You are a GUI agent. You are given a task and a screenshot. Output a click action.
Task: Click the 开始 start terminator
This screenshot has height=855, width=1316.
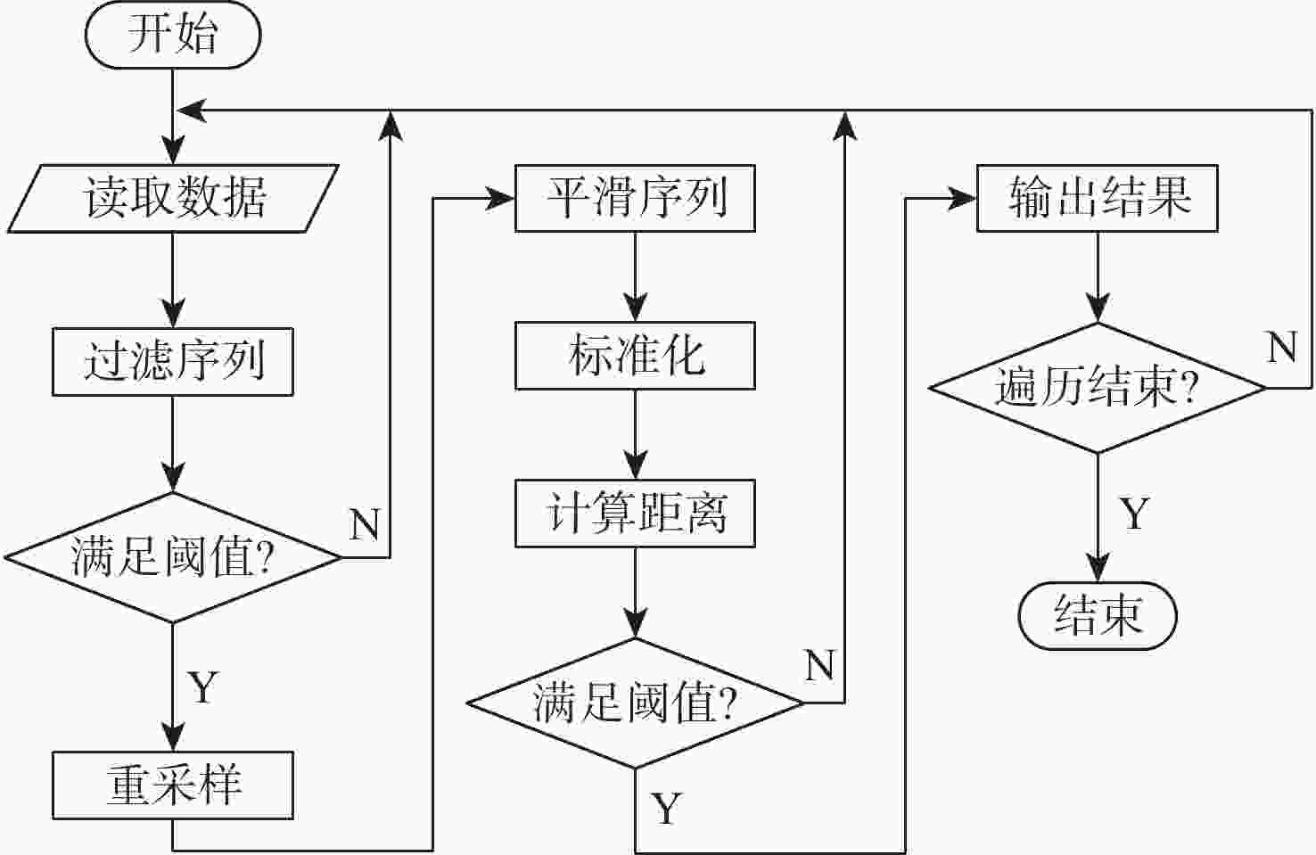[x=172, y=36]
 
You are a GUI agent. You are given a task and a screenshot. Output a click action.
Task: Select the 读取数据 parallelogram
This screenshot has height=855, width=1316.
[x=173, y=198]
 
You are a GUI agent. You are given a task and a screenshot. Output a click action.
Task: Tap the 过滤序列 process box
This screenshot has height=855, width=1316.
[x=173, y=362]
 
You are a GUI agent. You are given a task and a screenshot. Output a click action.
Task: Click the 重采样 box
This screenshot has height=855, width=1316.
[x=173, y=785]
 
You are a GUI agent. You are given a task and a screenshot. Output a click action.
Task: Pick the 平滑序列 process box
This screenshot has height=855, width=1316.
[x=635, y=198]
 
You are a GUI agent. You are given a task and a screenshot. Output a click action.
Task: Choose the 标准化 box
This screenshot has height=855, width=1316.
[x=635, y=356]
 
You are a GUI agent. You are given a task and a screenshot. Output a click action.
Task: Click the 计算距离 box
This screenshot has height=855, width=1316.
[x=635, y=514]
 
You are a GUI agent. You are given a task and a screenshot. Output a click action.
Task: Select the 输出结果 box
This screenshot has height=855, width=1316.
[x=1098, y=198]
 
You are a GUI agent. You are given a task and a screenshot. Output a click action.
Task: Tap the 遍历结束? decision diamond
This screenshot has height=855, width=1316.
[x=1098, y=388]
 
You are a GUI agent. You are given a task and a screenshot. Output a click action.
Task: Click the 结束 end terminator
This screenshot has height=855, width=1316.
[x=1098, y=615]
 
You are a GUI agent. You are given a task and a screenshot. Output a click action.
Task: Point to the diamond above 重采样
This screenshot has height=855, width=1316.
[x=173, y=557]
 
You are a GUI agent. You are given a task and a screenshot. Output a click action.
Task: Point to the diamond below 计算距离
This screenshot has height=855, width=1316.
[x=635, y=703]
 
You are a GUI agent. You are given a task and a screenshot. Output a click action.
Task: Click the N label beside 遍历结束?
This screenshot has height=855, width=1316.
[x=1282, y=347]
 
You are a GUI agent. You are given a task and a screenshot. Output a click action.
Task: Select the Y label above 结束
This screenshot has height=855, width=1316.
[x=1134, y=514]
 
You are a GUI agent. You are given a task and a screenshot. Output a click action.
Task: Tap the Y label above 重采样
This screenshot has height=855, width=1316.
[x=203, y=687]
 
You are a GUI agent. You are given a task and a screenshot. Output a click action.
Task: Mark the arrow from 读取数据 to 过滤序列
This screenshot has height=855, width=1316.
[x=173, y=280]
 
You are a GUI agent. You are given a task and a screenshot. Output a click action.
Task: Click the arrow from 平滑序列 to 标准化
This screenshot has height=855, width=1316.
[x=635, y=276]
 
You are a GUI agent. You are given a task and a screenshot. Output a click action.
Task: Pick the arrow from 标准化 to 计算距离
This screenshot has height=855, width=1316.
[x=635, y=434]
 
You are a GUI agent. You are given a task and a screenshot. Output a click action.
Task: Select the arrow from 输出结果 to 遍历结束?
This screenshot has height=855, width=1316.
[x=1098, y=276]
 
